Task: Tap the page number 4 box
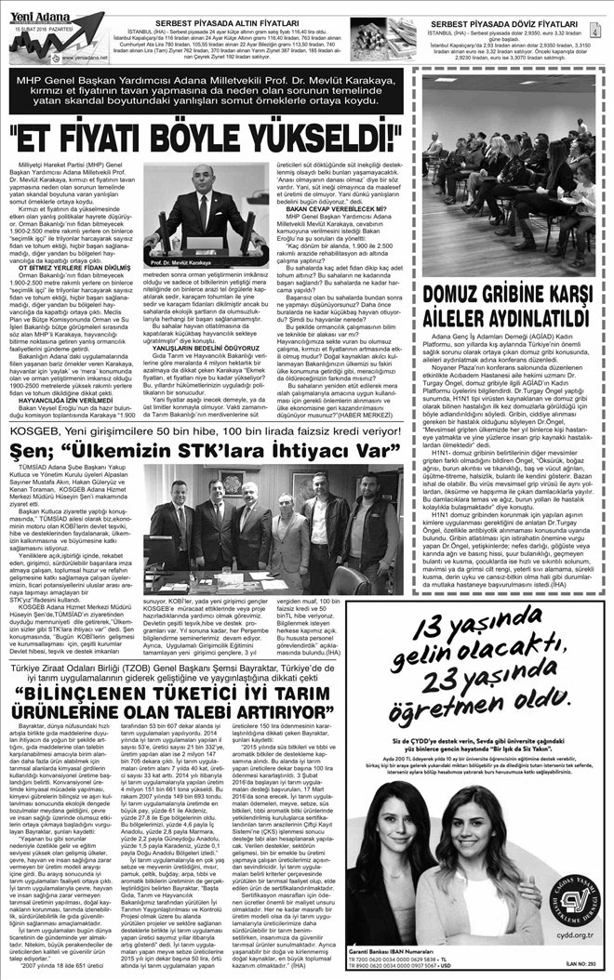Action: point(605,32)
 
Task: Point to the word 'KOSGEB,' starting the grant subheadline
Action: point(33,433)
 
